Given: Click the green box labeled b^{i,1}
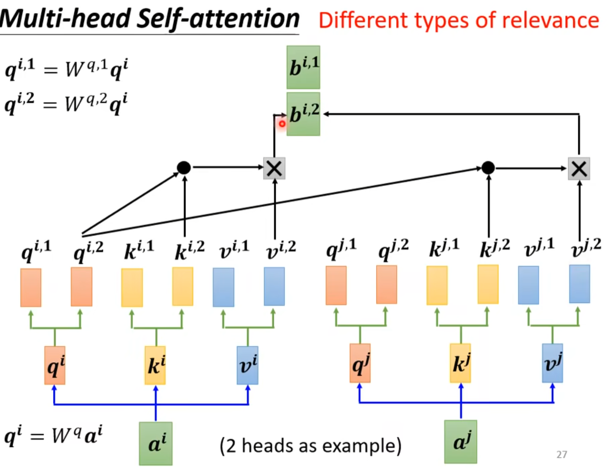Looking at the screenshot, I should (303, 67).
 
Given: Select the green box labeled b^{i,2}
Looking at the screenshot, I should (303, 114).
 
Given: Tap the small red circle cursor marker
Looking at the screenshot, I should (282, 124).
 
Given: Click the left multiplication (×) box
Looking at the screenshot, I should (274, 168).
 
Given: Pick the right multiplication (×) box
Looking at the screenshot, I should (579, 169).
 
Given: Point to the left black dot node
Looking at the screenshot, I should (184, 168).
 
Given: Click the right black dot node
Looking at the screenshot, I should (488, 168).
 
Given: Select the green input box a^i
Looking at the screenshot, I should (156, 443).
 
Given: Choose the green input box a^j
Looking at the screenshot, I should (460, 442).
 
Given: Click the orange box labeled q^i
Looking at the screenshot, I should (55, 365).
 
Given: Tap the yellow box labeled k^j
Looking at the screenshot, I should (460, 363).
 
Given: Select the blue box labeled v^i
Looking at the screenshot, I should (247, 365).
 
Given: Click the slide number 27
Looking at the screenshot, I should (562, 454).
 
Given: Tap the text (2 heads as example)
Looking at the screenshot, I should (310, 445).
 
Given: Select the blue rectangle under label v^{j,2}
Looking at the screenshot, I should (579, 284).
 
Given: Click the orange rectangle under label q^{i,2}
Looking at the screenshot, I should (81, 287).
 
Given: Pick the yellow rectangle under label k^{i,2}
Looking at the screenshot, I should (182, 287).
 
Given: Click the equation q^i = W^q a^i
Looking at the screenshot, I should (53, 435).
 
